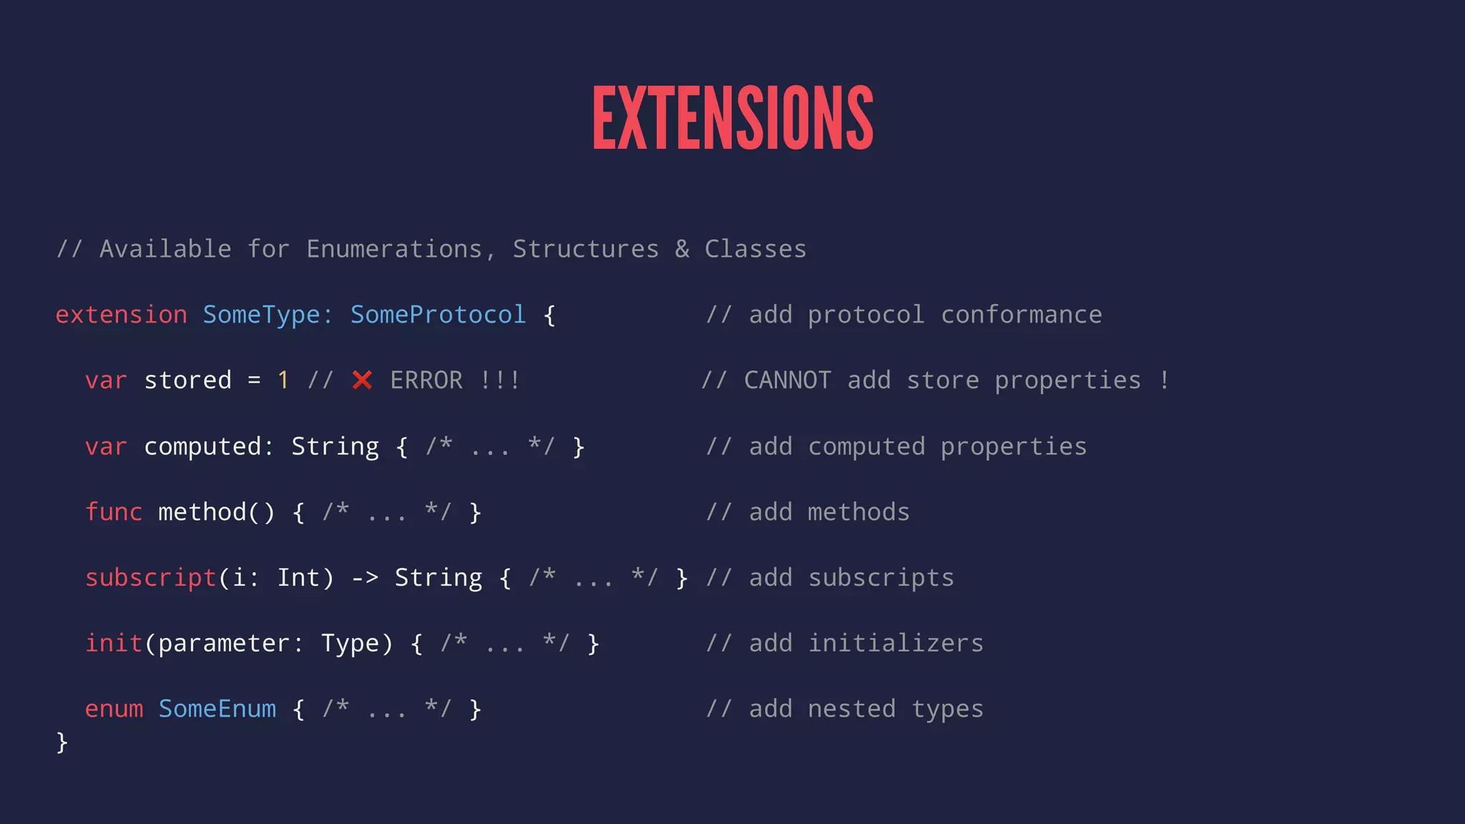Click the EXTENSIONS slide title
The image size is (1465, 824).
[732, 118]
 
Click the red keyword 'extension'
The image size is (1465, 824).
[121, 315]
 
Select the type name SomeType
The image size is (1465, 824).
[261, 315]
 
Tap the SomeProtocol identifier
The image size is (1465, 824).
[438, 315]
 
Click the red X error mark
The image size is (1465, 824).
[362, 381]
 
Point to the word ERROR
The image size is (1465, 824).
[426, 381]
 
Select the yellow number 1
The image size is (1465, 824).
[283, 381]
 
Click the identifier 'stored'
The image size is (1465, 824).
[187, 381]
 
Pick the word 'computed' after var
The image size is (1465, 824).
[202, 446]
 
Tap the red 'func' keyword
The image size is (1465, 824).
[114, 512]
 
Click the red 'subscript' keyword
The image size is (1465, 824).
[150, 578]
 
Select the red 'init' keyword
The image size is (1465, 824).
[114, 643]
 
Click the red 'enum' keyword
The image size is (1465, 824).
[114, 709]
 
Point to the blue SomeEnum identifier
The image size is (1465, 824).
[217, 709]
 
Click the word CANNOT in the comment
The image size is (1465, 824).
[788, 381]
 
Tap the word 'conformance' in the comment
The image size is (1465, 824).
[1021, 315]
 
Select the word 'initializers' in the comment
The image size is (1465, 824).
[896, 643]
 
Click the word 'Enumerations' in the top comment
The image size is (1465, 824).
[394, 249]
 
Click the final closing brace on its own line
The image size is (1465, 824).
[62, 742]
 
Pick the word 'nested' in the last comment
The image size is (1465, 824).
[851, 709]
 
